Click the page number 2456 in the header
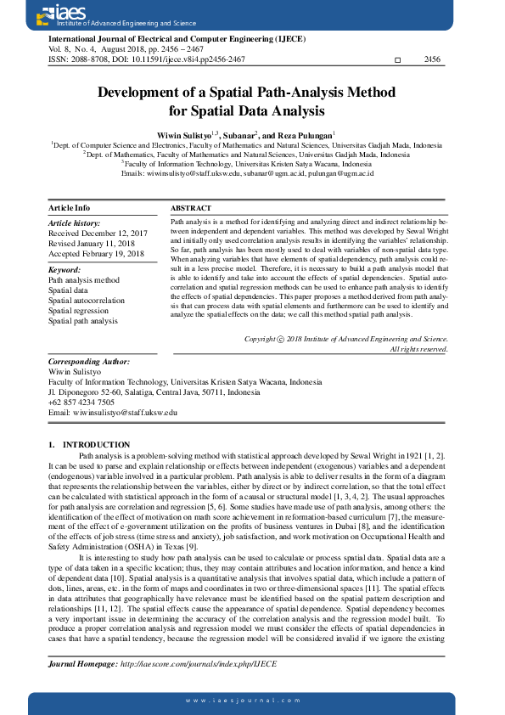click(432, 59)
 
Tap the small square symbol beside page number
click(399, 60)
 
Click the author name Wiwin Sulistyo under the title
click(187, 135)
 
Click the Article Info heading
click(69, 208)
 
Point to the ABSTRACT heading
click(191, 208)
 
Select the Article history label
click(74, 223)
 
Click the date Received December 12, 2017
click(98, 233)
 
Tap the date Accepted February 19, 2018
click(97, 254)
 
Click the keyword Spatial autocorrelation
click(86, 301)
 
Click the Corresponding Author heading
click(88, 362)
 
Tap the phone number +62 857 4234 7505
click(81, 403)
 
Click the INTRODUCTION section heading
click(96, 445)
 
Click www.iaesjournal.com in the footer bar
click(252, 699)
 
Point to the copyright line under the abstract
click(345, 339)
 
